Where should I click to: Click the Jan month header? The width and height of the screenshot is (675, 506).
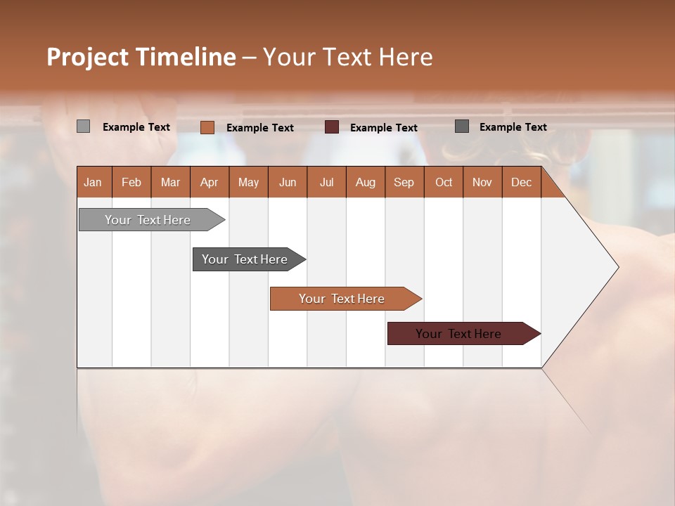(93, 182)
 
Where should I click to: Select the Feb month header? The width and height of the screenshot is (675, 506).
(131, 182)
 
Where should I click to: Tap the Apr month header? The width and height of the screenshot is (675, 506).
(209, 182)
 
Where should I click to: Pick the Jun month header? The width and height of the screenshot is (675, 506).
(288, 182)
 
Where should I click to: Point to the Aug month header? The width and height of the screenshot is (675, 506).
(365, 182)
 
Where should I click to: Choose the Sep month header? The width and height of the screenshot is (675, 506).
(404, 182)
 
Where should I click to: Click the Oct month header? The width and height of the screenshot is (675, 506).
(444, 182)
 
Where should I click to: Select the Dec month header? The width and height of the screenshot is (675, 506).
(521, 182)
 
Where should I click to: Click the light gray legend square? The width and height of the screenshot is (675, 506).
(83, 126)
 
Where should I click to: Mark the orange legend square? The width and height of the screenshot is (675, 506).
(207, 127)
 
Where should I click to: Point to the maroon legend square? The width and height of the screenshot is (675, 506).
(332, 127)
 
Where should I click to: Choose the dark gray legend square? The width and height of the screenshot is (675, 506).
(462, 126)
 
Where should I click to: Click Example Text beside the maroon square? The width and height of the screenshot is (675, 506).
(383, 128)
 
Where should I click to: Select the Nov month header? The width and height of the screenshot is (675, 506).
(482, 182)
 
